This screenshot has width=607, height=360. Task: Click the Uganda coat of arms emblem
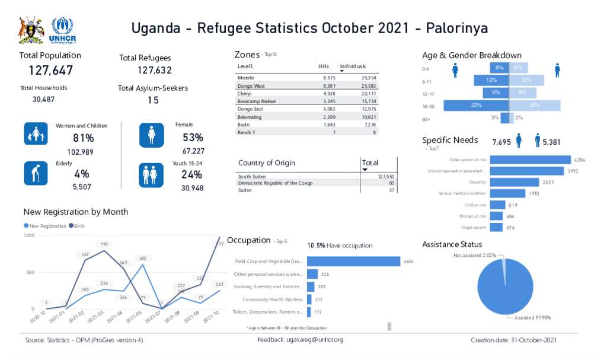tap(31, 30)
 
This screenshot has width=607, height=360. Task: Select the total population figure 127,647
tap(51, 71)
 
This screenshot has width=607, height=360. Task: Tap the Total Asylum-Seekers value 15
tap(153, 100)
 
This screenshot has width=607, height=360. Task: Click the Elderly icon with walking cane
tap(36, 173)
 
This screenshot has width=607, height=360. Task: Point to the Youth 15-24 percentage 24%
tap(192, 174)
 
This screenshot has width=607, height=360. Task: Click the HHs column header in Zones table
tap(323, 66)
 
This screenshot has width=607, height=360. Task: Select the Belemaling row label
tap(250, 117)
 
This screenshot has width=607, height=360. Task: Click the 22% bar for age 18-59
tap(476, 106)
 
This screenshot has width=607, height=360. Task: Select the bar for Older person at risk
tap(531, 160)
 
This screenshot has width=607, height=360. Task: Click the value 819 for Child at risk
tap(513, 205)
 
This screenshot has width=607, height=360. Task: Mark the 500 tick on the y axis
tap(30, 272)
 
